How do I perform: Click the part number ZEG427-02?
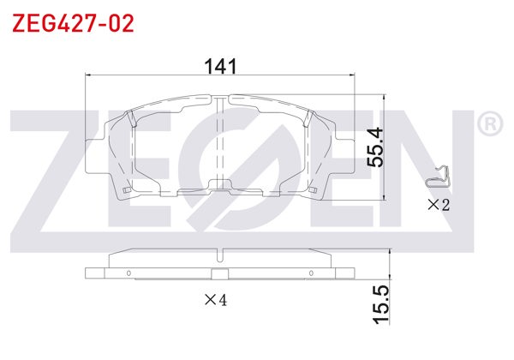click(73, 23)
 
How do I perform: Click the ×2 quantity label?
click(439, 204)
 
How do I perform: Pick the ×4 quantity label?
click(215, 300)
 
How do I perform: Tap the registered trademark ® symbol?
click(489, 125)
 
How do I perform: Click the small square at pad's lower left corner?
click(126, 189)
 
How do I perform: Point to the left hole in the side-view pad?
click(128, 274)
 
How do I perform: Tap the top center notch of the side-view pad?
click(219, 255)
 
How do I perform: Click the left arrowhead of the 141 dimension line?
click(88, 75)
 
